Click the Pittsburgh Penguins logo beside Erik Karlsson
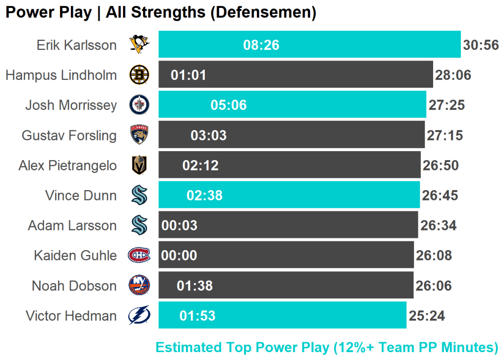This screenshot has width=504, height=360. coord(139,45)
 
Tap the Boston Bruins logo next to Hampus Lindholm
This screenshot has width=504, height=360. coord(139,75)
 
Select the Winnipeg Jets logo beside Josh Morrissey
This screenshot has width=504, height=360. coord(139,105)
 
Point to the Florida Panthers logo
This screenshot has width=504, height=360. coord(139,135)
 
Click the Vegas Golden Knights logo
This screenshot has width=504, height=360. coord(139,165)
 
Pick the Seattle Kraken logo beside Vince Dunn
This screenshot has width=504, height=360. coord(139,196)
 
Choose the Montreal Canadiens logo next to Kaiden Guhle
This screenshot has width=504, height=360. coord(139,255)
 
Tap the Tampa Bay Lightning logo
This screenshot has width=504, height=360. coord(139,316)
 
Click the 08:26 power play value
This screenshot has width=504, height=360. coord(261,45)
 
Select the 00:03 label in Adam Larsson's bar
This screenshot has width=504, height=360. coord(179,226)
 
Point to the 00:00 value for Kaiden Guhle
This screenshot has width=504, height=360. coord(179,256)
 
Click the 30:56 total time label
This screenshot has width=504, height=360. coord(481,45)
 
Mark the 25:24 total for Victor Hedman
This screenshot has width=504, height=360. coord(427,316)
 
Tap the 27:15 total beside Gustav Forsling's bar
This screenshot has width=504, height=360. coord(445,135)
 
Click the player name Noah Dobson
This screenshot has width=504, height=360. coord(74,286)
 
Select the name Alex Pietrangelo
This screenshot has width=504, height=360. coord(68,165)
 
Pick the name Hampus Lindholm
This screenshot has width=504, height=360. coord(62,75)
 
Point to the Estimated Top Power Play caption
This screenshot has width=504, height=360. coord(327,347)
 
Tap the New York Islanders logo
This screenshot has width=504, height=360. coord(139,286)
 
